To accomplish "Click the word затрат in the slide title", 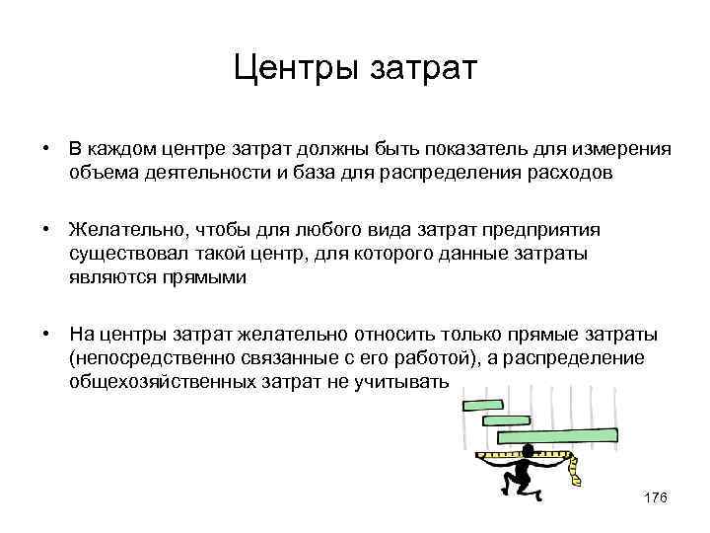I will tap(422, 70).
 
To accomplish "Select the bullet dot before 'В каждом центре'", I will tap(46, 149).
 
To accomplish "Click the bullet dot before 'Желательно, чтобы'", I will tap(46, 230).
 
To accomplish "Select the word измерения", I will tap(622, 149).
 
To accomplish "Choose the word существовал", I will tap(122, 255).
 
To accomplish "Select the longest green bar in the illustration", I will tap(557, 435).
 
